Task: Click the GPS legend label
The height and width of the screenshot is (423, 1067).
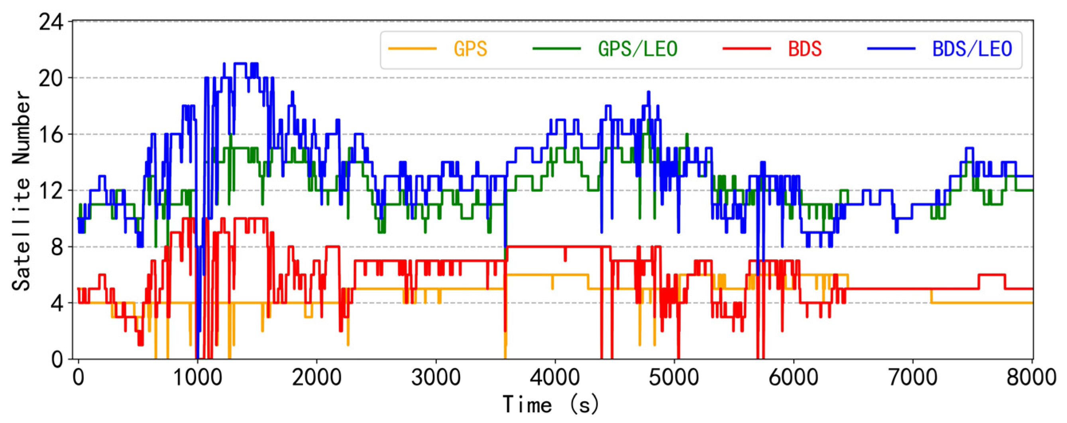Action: click(x=470, y=49)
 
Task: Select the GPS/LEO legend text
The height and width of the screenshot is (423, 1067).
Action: click(x=637, y=49)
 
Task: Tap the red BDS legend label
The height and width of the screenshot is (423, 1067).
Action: click(x=804, y=49)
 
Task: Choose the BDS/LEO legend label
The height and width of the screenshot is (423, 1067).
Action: click(x=972, y=49)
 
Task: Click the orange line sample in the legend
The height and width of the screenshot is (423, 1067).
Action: click(x=412, y=49)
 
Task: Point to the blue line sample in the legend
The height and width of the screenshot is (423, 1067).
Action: click(x=891, y=49)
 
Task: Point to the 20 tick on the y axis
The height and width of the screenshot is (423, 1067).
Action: click(x=51, y=78)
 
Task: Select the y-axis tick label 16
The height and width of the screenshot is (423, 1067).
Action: click(x=51, y=135)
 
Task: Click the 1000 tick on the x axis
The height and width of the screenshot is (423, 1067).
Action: click(x=197, y=378)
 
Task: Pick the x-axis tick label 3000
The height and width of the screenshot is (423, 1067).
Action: click(x=436, y=378)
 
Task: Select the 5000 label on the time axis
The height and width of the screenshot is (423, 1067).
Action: click(x=674, y=378)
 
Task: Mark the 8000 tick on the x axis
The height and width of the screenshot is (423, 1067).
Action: click(x=1031, y=378)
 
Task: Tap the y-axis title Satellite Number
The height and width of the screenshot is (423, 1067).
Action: click(x=21, y=190)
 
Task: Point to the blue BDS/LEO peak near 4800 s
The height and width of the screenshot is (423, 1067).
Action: click(x=648, y=93)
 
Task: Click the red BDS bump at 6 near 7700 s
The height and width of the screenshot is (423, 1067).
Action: click(x=992, y=275)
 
